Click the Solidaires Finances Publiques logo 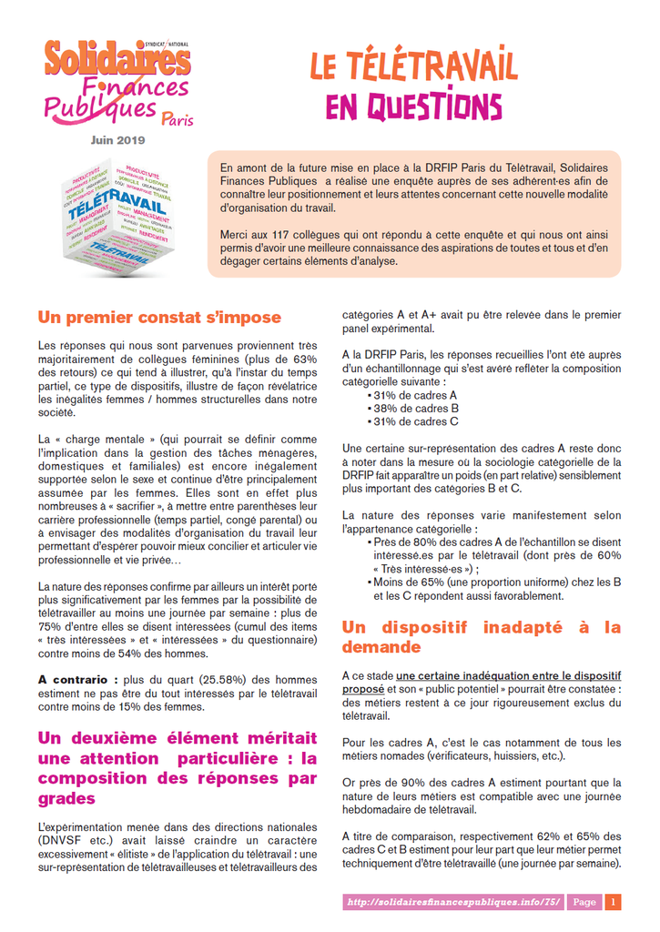pos(118,82)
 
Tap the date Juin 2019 pos(117,140)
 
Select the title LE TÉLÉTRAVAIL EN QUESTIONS pos(413,87)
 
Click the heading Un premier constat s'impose pos(159,318)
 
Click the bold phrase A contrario pos(77,679)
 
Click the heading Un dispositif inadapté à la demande pos(482,637)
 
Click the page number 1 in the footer pos(614,902)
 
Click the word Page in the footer pos(584,902)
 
